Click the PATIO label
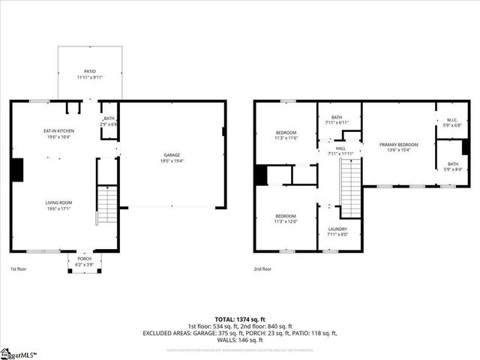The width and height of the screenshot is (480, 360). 90,71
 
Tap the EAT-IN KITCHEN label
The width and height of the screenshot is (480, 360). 58,131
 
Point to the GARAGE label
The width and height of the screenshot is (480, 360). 172,155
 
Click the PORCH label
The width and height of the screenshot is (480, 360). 84,259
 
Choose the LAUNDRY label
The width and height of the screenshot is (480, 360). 337,229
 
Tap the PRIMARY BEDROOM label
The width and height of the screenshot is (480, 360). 398,144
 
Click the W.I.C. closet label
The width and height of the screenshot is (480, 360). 451,121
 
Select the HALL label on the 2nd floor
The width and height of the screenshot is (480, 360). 340,148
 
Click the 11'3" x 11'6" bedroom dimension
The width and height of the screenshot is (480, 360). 286,138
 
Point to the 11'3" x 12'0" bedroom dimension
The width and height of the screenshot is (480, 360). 286,221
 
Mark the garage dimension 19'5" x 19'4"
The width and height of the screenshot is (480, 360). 172,161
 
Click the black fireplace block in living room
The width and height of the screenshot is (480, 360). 16,169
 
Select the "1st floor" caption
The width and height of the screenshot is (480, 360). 19,268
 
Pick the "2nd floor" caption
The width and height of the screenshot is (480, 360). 262,268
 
